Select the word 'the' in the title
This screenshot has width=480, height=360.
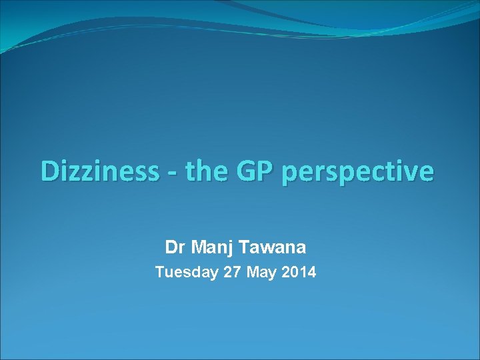click(207, 171)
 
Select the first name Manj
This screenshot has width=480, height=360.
click(210, 248)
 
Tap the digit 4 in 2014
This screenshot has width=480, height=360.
click(312, 272)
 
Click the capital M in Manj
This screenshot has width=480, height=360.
click(198, 248)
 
